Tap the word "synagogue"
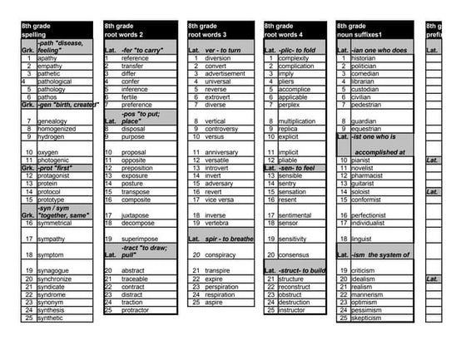point(52,270)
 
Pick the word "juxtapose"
point(136,215)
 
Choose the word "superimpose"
point(139,239)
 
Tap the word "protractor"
point(134,310)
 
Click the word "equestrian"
point(367,129)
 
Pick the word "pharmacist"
point(369,175)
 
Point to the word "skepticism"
point(367,318)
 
